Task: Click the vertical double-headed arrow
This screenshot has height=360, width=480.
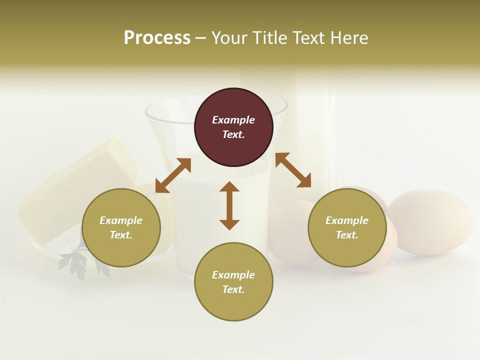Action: click(229, 205)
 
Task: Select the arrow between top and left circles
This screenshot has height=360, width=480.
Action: click(173, 175)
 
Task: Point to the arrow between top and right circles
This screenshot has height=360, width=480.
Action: click(293, 170)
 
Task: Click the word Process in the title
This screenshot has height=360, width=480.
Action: click(157, 38)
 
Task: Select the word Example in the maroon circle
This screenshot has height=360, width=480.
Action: click(233, 120)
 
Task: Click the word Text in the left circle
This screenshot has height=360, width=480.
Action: click(120, 235)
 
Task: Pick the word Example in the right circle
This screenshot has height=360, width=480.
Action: click(347, 220)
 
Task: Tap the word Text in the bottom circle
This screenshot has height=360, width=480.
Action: click(233, 289)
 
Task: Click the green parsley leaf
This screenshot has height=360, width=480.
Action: click(74, 262)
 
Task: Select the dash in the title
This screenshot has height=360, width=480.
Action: click(200, 38)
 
